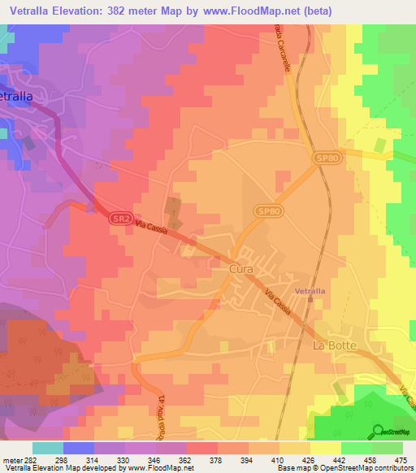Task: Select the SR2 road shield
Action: click(119, 219)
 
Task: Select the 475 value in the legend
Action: click(401, 459)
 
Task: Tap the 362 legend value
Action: click(186, 459)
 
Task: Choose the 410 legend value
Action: click(277, 459)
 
